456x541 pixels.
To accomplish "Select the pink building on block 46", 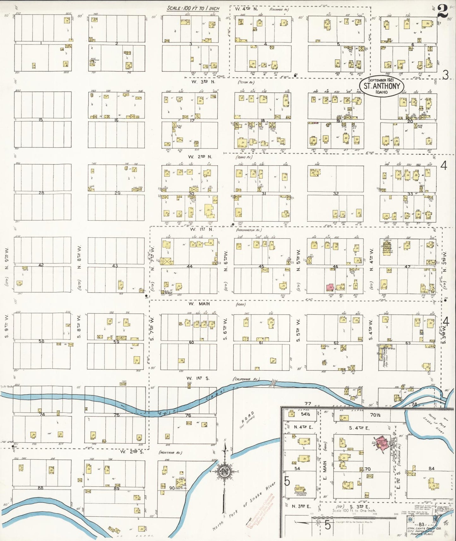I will (330, 287).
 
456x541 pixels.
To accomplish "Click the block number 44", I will (189, 266).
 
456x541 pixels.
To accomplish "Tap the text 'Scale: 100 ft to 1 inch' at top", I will (193, 9).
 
